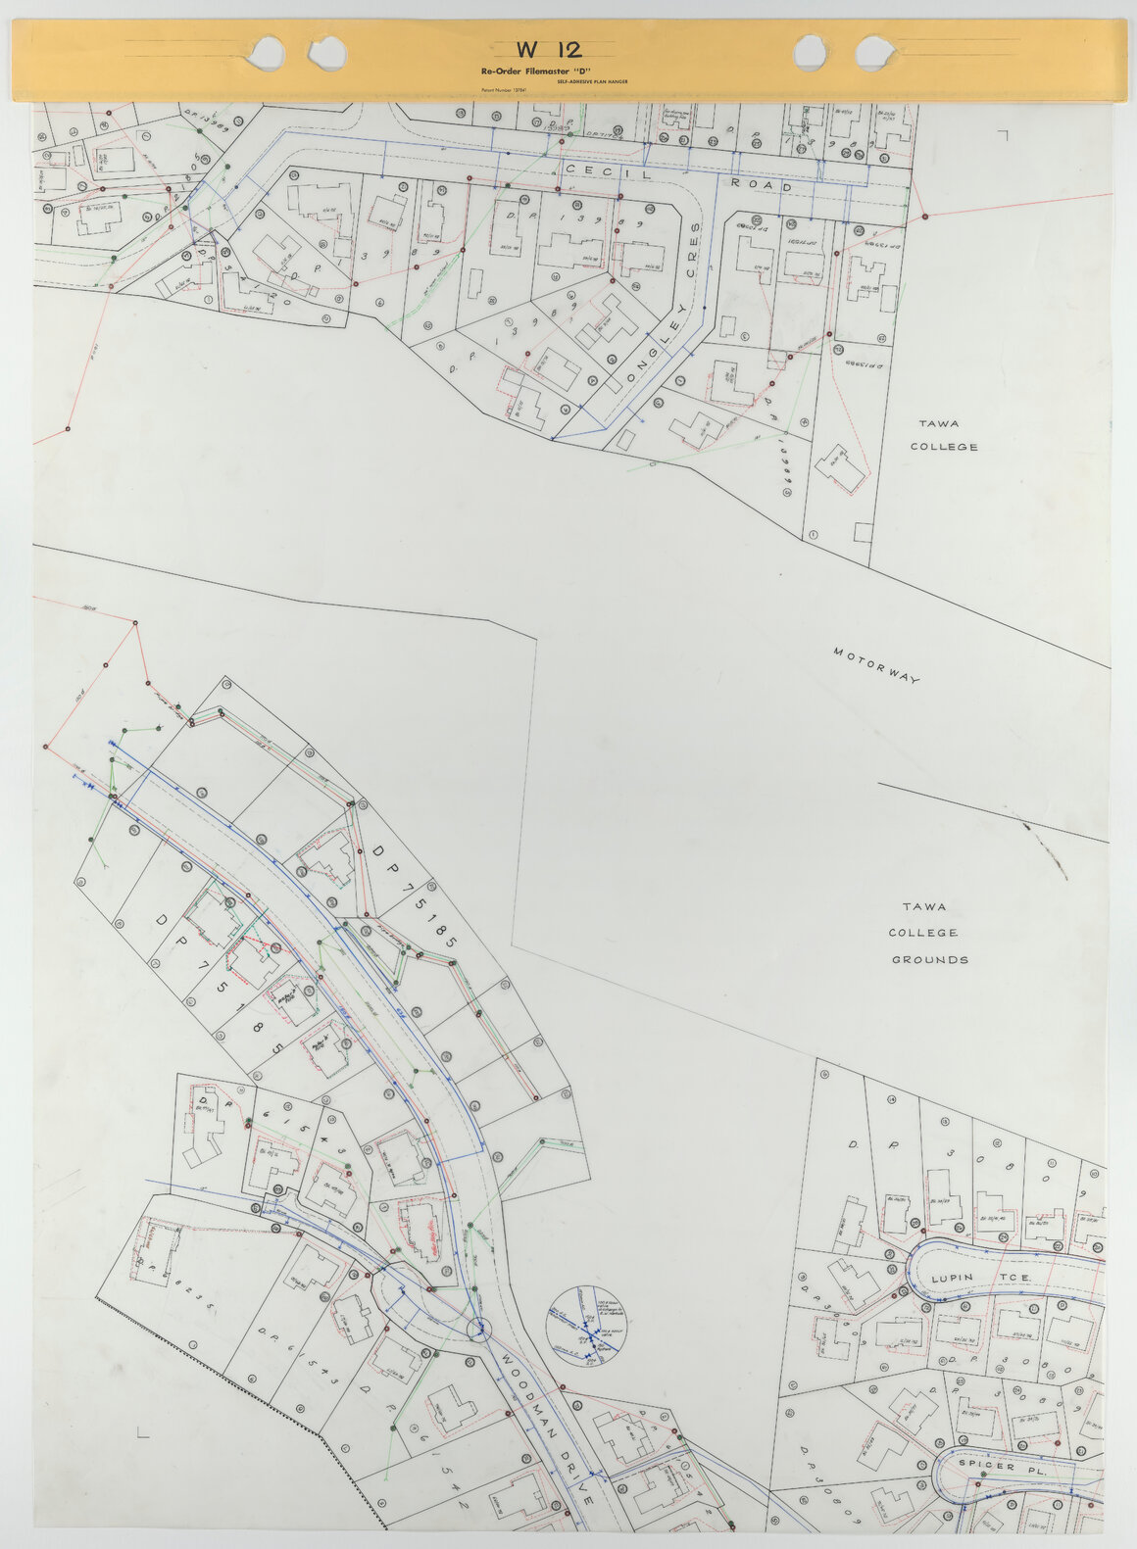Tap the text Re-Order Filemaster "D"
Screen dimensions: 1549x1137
tap(527, 72)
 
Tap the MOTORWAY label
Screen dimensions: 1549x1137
tap(876, 665)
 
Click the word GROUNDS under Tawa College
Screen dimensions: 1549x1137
tap(929, 960)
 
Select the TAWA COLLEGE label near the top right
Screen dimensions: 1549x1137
tap(943, 435)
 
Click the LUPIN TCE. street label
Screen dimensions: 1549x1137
tap(979, 1279)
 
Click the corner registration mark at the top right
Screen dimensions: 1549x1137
tap(1002, 134)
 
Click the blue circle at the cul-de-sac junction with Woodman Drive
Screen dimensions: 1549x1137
tap(479, 1329)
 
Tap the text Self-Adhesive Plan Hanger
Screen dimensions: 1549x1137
tap(592, 81)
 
